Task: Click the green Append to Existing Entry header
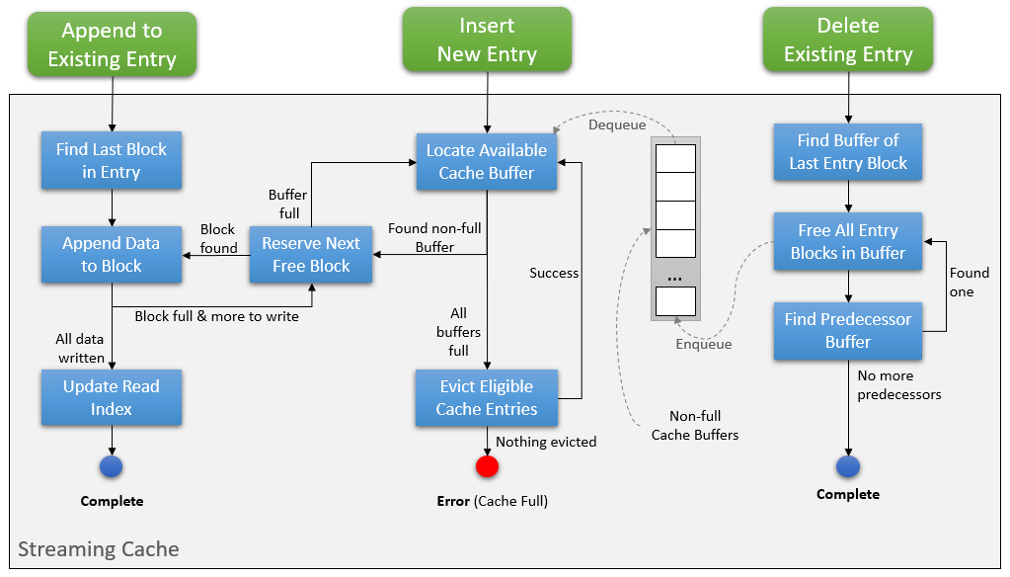(112, 44)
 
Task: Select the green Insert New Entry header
(487, 41)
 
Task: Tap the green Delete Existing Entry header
(848, 41)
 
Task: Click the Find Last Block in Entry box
(112, 161)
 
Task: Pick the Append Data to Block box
(112, 254)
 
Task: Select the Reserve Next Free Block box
(310, 254)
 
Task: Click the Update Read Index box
(112, 397)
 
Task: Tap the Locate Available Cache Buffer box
(486, 161)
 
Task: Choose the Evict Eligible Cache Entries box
(486, 397)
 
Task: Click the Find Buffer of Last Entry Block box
(847, 151)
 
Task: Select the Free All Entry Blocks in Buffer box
(847, 241)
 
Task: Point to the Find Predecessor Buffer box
(847, 330)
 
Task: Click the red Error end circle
(487, 466)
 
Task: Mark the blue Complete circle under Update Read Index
(112, 466)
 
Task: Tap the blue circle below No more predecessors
(847, 466)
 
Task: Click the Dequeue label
(617, 124)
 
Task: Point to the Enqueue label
(704, 344)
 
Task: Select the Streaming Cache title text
(99, 549)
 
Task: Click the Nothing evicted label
(546, 442)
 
